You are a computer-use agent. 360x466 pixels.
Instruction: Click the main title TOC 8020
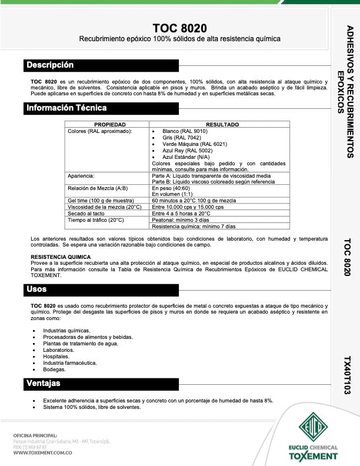pos(179,28)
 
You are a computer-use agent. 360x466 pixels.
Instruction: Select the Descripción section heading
pos(50,65)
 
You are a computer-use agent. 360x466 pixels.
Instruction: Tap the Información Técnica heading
pos(66,108)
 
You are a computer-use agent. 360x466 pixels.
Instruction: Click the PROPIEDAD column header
pos(110,125)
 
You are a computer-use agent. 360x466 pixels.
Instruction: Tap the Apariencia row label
pos(82,176)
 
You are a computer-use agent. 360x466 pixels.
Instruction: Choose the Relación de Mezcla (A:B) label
pos(98,188)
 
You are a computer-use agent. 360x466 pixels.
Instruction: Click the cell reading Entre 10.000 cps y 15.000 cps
pos(188,207)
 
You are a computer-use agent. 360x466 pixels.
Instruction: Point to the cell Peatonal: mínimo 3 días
pos(184,220)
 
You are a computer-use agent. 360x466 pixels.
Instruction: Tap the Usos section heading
pos(36,289)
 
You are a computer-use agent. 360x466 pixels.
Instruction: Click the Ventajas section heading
pos(43,384)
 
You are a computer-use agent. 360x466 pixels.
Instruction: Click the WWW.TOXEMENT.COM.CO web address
pos(42,452)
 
